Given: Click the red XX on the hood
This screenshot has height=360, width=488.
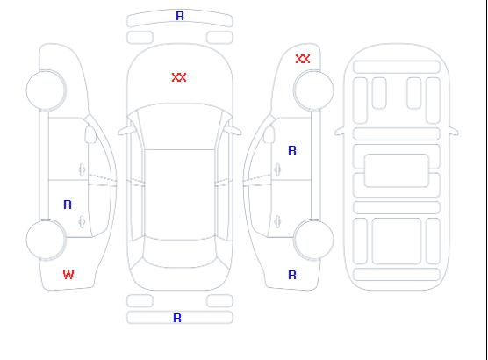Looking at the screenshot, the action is tap(179, 77).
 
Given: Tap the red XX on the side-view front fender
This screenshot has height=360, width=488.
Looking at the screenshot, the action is tap(303, 59).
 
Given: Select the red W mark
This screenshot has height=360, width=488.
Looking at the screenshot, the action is tap(68, 275).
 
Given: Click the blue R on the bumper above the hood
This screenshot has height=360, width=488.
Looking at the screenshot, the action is tap(180, 16).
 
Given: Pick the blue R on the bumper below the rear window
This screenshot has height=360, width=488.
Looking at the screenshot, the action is tap(177, 318).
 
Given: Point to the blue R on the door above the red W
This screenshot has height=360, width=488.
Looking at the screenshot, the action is tap(68, 205).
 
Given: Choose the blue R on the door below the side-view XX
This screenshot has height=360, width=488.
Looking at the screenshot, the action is tap(292, 150).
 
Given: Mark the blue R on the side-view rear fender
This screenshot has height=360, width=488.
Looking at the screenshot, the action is tap(292, 275).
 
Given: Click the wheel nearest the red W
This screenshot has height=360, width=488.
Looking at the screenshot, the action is tap(46, 240).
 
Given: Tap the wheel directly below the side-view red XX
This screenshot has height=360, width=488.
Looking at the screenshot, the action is tap(313, 90).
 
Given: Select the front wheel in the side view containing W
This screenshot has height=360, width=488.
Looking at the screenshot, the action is tap(46, 90).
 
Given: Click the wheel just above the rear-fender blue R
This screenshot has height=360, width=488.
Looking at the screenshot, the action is tap(313, 240).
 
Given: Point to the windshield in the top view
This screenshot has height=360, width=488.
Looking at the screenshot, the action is tap(180, 126).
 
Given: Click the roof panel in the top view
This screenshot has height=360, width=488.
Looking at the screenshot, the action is tap(180, 195).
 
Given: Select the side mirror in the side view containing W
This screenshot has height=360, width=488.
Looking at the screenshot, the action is tap(90, 134).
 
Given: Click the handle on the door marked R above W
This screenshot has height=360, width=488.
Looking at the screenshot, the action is tap(82, 221).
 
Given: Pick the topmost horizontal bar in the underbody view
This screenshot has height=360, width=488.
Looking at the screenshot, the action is tap(397, 68).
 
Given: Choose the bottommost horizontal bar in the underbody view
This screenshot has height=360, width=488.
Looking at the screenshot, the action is tap(397, 274).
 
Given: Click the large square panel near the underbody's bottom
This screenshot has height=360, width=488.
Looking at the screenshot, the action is tap(397, 241).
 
